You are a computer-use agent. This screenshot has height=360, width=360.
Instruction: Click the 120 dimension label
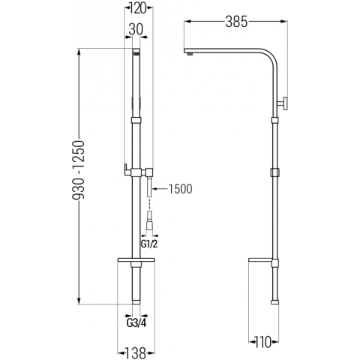138,8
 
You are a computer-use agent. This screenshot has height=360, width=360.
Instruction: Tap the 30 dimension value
136,29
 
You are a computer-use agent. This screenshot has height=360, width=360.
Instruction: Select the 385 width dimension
236,22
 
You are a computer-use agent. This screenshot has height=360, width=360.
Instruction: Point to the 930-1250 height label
79,170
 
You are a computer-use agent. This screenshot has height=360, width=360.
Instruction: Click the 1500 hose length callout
180,189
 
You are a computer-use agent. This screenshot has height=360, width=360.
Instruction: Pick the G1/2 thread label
149,244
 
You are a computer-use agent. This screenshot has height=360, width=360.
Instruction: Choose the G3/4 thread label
136,323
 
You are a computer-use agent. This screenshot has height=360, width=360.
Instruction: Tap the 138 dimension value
136,353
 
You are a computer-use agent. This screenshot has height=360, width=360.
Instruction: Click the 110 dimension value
263,342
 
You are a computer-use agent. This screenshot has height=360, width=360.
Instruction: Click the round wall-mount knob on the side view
283,103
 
